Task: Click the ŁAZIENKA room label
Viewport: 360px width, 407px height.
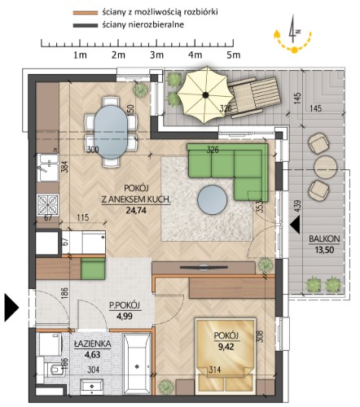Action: coord(92,344)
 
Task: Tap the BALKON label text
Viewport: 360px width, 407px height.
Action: coord(324,239)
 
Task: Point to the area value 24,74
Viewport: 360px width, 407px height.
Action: coord(136,210)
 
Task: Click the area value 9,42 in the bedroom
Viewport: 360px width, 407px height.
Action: coord(226,347)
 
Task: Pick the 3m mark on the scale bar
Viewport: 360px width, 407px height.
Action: coord(157,55)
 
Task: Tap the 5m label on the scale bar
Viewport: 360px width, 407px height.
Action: coord(234,55)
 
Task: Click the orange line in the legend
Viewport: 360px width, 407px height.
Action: coord(85,12)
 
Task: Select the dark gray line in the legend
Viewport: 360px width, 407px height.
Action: coord(85,25)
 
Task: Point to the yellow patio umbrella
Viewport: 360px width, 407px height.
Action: coord(205,94)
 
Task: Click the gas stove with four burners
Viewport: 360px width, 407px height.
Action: coord(48,205)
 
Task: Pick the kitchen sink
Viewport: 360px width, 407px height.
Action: coord(48,168)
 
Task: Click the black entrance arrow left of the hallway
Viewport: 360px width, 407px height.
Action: coord(11,308)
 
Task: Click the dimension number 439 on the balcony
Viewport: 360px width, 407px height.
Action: coord(298,206)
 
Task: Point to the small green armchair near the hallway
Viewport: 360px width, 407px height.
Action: coord(93,269)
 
